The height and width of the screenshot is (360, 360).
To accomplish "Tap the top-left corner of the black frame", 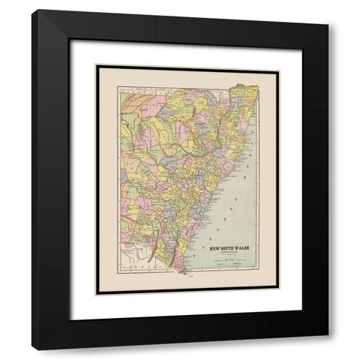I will coord(31,10).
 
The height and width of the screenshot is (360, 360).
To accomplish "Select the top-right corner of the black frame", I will coord(328,10).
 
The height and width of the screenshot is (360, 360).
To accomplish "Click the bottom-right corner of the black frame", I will coord(328,349).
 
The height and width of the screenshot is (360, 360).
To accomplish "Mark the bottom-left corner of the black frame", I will coord(31,349).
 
